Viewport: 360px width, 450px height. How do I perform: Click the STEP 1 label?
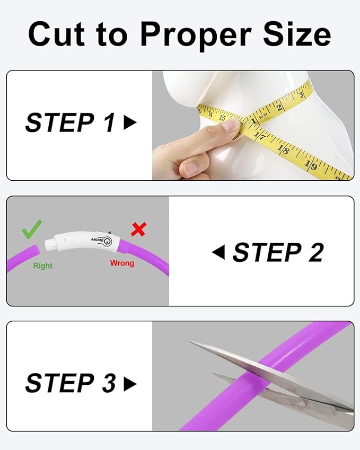pos(70,123)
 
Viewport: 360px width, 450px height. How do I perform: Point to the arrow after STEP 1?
pos(130,123)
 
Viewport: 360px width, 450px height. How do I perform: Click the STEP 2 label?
pos(278,252)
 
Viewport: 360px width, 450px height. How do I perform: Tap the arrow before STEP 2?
pos(218,252)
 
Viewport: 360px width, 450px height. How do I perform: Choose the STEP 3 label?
pos(70,383)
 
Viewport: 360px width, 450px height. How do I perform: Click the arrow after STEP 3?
pos(130,383)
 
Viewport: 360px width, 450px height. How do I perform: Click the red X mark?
pos(138,229)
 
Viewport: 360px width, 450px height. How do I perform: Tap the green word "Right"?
pos(43,266)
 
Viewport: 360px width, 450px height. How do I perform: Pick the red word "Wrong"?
pos(122,263)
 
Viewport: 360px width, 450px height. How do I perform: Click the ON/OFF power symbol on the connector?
pos(108,243)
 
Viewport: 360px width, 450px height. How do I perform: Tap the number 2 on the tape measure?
pos(280,108)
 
